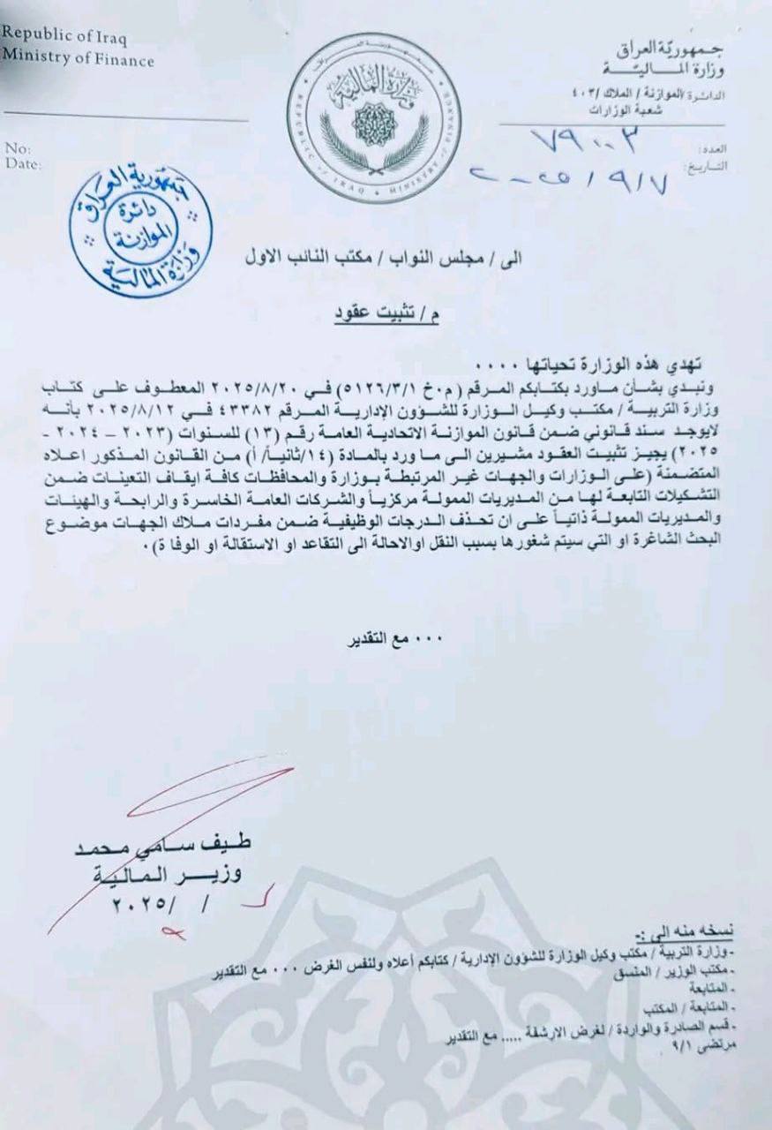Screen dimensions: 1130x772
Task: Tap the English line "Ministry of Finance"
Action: (77, 60)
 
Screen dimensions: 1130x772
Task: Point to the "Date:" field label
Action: (22, 162)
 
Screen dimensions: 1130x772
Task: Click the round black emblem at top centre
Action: (375, 117)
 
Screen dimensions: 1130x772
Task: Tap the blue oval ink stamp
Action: (141, 230)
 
